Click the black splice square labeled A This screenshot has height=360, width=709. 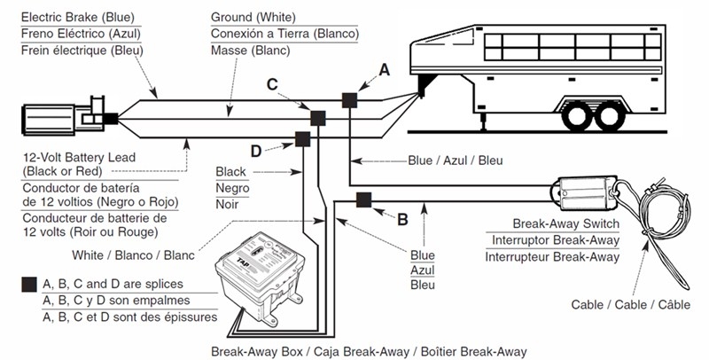(350, 100)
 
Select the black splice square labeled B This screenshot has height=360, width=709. (363, 200)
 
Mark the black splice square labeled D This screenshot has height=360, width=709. (301, 138)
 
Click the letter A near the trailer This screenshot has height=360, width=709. (384, 68)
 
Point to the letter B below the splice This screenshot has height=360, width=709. (401, 215)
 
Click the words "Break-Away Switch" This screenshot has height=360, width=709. (565, 224)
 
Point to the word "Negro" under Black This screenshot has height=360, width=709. (232, 188)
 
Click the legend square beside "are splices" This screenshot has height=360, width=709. (29, 285)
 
